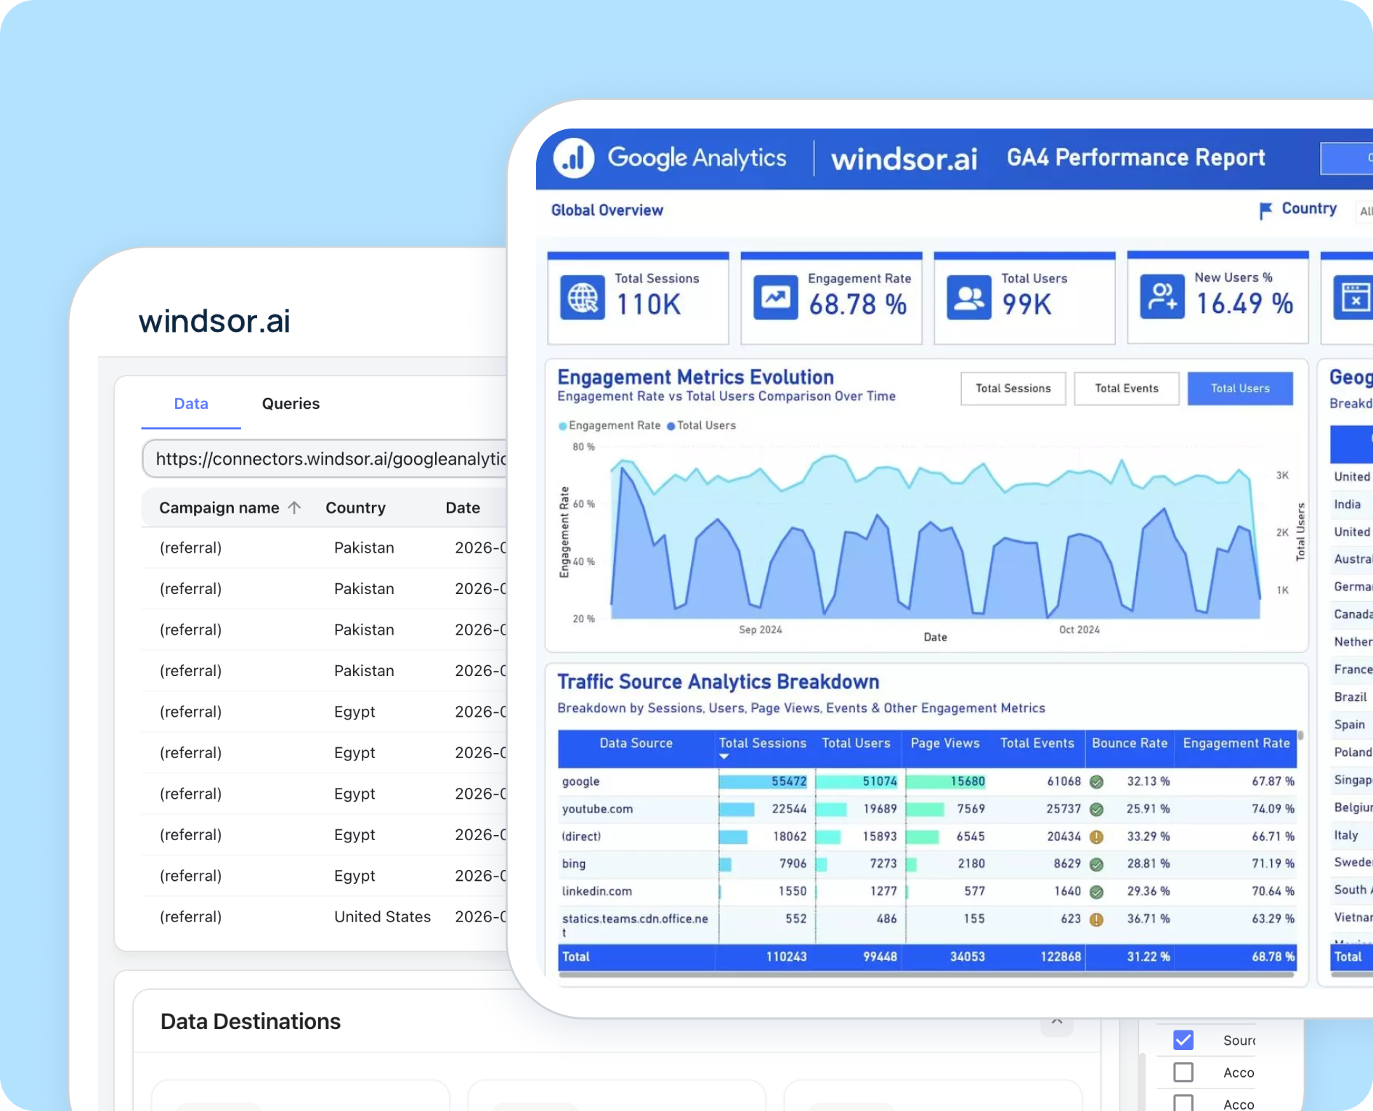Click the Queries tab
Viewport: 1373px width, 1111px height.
(291, 404)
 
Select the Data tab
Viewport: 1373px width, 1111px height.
(191, 404)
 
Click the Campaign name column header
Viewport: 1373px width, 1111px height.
(219, 508)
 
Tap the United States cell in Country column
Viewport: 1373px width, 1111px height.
(382, 916)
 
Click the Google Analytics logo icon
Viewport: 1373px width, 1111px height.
(574, 158)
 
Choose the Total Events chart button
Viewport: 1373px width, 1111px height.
(1126, 388)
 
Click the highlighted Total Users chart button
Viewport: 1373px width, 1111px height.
(1239, 388)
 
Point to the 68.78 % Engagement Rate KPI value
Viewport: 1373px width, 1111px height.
(857, 304)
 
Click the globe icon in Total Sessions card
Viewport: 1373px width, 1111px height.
(583, 298)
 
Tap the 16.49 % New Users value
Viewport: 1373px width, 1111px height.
(1244, 304)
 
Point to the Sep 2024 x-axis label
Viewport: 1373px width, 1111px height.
(760, 630)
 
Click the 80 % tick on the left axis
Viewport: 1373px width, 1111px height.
(583, 447)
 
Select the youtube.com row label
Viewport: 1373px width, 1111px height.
(597, 809)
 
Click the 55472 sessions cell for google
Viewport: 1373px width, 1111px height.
(788, 781)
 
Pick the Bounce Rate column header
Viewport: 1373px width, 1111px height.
(1129, 744)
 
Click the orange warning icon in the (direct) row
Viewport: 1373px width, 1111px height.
(1097, 837)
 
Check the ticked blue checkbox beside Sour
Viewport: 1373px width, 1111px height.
(1183, 1040)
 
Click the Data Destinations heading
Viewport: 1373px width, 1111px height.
(250, 1022)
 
